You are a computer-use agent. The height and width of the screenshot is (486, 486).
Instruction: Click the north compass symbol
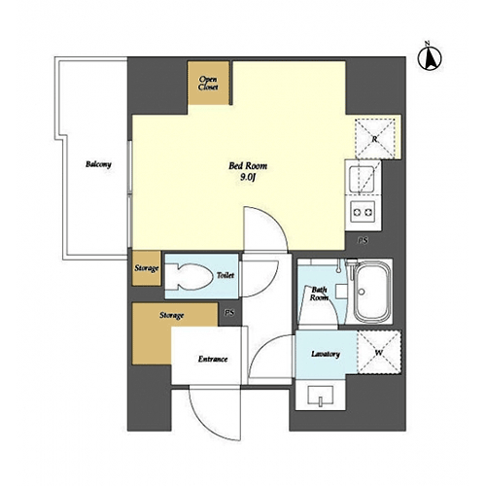tap(430, 57)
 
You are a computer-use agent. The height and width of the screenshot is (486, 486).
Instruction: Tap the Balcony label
tap(98, 164)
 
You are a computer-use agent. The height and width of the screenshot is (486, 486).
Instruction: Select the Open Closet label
tap(208, 84)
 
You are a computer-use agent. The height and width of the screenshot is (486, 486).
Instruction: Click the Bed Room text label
tap(248, 166)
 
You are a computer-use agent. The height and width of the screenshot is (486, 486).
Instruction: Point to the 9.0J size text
tap(248, 178)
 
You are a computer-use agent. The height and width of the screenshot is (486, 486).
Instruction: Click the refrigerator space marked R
tap(375, 139)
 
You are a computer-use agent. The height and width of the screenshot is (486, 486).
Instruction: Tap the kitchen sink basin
tap(363, 179)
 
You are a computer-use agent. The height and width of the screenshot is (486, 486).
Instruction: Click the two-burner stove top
tap(363, 212)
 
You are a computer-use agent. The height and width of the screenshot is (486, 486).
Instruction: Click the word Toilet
tap(226, 276)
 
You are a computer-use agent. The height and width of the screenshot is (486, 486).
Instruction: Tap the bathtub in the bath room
tap(371, 292)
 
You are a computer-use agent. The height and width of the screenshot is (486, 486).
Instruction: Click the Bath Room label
tap(319, 294)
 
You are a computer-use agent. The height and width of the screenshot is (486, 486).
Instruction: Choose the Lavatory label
tap(326, 354)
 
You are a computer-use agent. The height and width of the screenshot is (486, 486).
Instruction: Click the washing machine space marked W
tap(379, 352)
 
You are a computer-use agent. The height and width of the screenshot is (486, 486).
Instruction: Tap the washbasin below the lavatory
tap(321, 396)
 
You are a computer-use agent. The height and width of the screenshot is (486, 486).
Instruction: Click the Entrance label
tap(213, 359)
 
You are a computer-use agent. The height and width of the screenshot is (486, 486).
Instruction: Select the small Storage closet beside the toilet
tap(147, 268)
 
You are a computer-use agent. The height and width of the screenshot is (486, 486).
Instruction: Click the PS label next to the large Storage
tap(229, 313)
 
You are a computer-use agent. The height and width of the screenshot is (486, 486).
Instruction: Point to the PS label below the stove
tap(364, 241)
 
